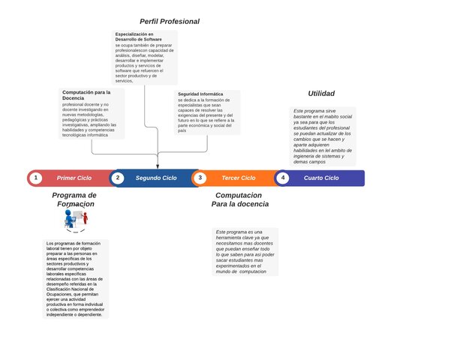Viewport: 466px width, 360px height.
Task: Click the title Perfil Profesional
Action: coord(170,22)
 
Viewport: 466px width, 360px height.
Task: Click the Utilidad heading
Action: coord(321,94)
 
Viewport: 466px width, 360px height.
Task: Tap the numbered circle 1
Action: coord(35,178)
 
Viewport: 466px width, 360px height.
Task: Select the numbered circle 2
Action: coord(118,178)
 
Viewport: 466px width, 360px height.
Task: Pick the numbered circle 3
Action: coord(200,178)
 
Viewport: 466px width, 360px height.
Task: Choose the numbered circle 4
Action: coord(282,178)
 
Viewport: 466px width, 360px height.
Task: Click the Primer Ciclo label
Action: coord(74,178)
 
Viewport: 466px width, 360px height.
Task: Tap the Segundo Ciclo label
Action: coord(156,178)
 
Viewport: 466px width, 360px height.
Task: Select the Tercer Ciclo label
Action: coord(239,178)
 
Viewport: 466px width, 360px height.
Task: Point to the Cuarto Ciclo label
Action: coord(321,178)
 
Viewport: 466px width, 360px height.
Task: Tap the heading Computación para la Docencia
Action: coord(86,95)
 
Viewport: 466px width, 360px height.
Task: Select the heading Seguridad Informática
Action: coord(200,94)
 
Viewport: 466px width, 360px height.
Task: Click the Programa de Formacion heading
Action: coord(74,199)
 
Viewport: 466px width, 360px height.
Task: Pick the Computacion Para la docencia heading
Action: coord(240,199)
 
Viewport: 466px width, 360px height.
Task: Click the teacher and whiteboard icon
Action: coord(75,218)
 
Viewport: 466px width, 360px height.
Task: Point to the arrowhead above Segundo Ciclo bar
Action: coord(158,166)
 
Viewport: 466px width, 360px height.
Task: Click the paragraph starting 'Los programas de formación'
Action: coord(75,279)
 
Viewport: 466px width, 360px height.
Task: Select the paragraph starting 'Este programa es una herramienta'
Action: coord(245,252)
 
